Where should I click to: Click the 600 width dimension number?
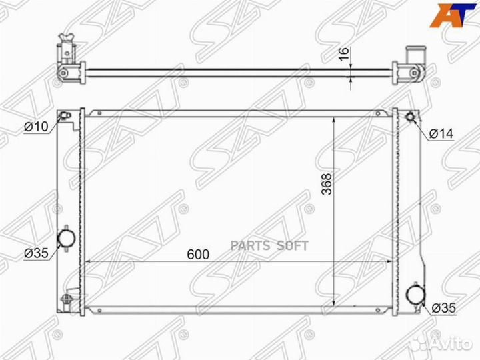click(198, 255)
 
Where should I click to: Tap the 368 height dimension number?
click(327, 184)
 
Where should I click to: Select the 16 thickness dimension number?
click(344, 54)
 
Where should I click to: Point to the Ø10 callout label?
click(36, 126)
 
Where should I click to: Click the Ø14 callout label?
click(441, 134)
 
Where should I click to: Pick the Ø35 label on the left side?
click(36, 253)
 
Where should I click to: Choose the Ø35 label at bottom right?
click(444, 308)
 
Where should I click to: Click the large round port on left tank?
click(67, 238)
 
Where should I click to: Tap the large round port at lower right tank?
click(416, 294)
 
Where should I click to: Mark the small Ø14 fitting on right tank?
click(410, 117)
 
